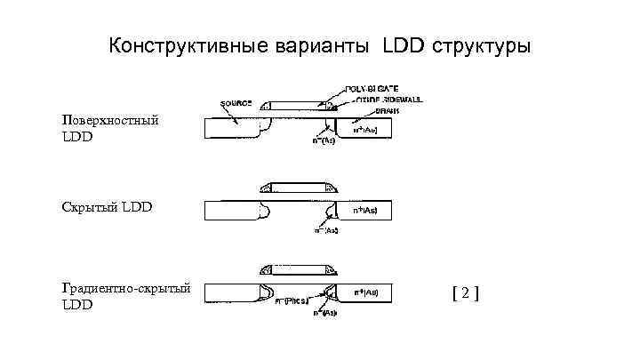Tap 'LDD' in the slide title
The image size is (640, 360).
404,45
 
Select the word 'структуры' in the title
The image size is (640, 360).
481,45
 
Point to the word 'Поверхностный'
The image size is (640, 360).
110,120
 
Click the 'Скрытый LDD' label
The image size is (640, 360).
108,207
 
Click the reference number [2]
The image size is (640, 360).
465,292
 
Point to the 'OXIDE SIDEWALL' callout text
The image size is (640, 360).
373,101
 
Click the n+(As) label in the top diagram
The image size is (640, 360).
365,130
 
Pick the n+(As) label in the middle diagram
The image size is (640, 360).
365,212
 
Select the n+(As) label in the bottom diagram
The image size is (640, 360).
365,292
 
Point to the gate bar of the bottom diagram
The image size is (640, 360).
299,268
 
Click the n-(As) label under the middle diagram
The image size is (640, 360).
325,230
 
